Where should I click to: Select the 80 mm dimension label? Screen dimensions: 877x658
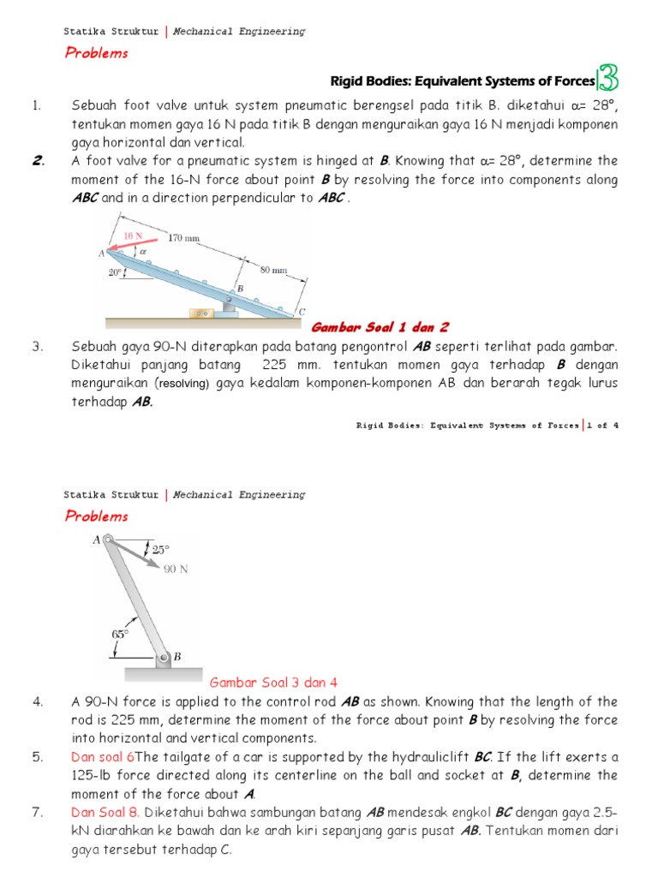(273, 270)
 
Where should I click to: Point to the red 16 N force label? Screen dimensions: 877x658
(133, 233)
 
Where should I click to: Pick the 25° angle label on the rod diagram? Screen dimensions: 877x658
(161, 549)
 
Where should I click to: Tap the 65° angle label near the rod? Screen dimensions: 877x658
(120, 634)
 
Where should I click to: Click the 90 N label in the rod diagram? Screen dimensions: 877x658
(175, 569)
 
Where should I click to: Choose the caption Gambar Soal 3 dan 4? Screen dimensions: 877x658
(274, 682)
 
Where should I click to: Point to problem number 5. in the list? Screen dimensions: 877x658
(37, 756)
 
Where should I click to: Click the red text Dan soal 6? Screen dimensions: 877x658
(102, 756)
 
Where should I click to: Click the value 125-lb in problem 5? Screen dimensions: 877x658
(93, 775)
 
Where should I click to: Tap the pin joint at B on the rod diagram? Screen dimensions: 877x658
(163, 659)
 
